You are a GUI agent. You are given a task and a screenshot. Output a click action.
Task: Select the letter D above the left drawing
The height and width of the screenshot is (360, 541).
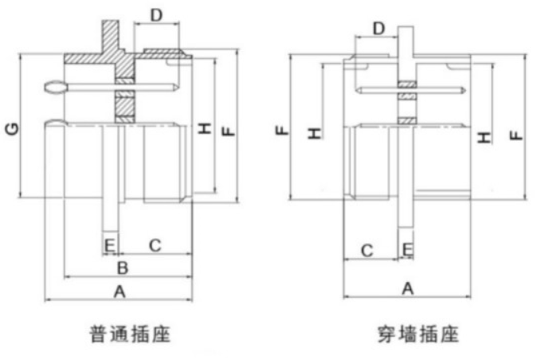[156, 14]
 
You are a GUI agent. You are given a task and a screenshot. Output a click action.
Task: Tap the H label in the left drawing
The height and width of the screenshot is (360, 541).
[205, 128]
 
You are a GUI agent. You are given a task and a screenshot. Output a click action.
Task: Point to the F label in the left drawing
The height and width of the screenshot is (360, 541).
[229, 128]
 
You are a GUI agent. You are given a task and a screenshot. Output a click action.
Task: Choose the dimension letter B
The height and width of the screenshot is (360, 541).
[123, 267]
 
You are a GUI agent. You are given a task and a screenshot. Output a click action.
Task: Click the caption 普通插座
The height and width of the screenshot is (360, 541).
[129, 332]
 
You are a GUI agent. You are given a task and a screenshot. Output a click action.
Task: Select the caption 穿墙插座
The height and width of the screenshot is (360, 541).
[418, 332]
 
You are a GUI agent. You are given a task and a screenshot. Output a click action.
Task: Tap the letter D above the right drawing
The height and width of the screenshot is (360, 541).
[378, 29]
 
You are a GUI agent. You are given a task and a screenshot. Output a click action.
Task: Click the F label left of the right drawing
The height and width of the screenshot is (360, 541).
[283, 128]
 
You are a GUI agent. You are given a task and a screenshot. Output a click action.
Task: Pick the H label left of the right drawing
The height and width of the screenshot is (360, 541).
[315, 132]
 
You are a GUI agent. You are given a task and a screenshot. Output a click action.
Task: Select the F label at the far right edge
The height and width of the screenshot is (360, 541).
[518, 132]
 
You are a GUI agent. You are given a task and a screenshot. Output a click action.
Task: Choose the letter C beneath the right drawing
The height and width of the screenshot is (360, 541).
[367, 250]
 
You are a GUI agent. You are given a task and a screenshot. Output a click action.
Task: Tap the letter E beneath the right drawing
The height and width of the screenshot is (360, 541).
[407, 250]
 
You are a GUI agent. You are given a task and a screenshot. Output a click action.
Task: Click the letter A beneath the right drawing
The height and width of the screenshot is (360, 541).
[406, 288]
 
